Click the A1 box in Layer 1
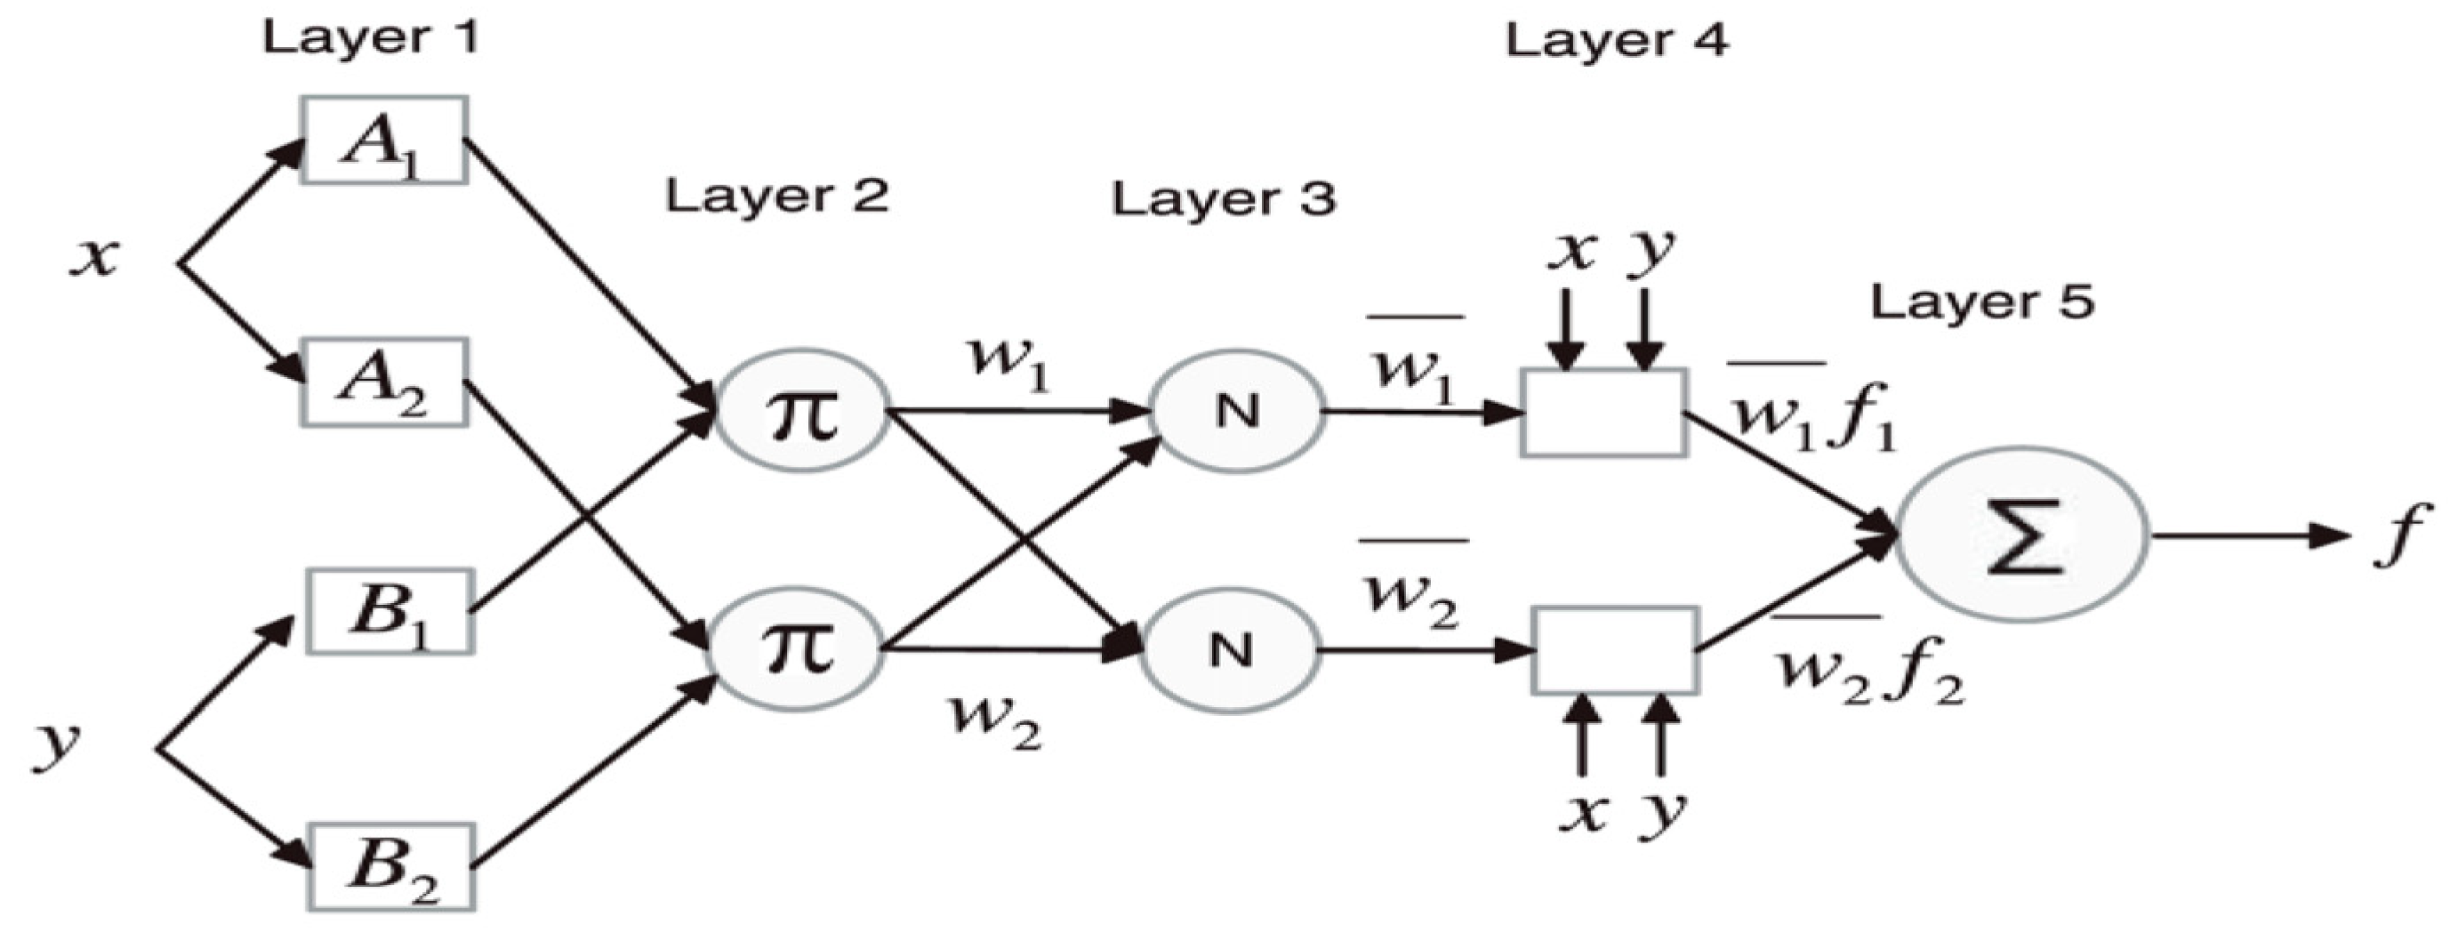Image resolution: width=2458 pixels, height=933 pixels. [383, 141]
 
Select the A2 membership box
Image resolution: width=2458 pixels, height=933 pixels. [383, 382]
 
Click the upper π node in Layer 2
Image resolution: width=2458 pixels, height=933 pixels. [801, 412]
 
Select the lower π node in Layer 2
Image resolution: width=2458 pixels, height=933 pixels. [797, 652]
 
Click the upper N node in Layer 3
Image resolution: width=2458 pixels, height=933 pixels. [1237, 412]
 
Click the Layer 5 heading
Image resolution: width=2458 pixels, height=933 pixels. [1982, 302]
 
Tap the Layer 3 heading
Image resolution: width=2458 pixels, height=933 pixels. [1225, 199]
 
